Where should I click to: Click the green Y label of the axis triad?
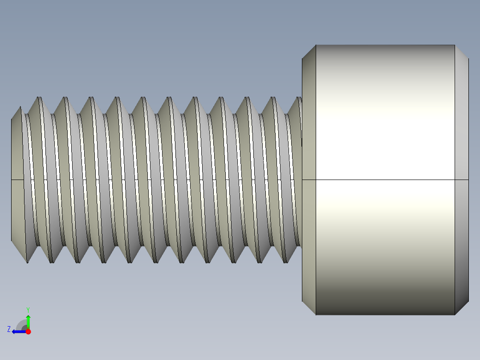28,309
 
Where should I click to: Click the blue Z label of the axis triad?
9,329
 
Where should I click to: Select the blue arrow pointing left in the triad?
18,331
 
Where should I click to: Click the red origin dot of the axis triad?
28,331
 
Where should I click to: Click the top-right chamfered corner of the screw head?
462,52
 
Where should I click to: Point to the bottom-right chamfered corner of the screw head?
462,308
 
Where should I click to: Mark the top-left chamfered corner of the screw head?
309,52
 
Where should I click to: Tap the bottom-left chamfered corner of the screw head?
309,308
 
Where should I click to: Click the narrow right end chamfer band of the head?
462,134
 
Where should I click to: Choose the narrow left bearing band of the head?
309,134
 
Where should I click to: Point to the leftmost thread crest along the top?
40,98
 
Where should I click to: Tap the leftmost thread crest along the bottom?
27,262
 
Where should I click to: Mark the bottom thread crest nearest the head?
285,262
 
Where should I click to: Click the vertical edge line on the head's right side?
455,223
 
